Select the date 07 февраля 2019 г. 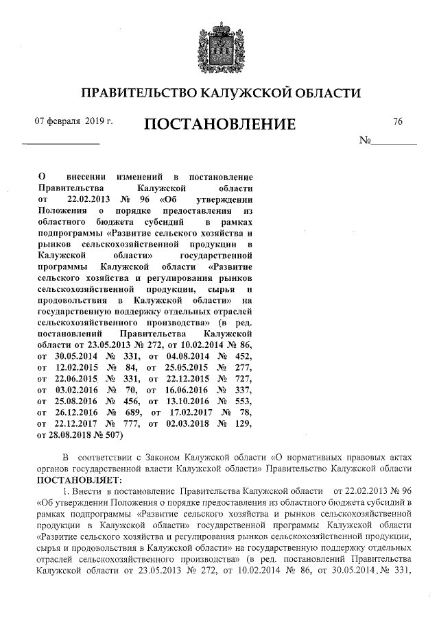tap(73, 121)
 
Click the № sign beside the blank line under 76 tap(365, 140)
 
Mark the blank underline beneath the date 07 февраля tap(61, 142)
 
